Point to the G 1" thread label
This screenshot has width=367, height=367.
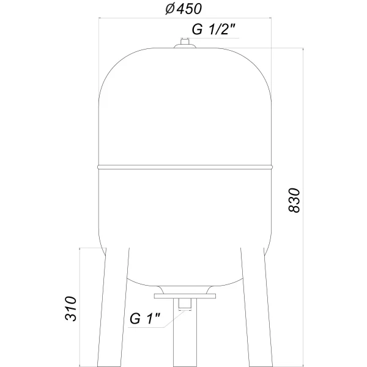[145, 319]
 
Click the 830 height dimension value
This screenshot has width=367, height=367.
[294, 199]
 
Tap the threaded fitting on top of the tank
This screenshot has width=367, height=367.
[183, 42]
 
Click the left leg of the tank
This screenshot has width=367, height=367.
[115, 306]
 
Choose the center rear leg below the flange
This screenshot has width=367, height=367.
[183, 343]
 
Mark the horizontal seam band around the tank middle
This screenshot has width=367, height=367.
[183, 165]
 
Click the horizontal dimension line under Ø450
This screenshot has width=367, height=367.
[183, 18]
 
